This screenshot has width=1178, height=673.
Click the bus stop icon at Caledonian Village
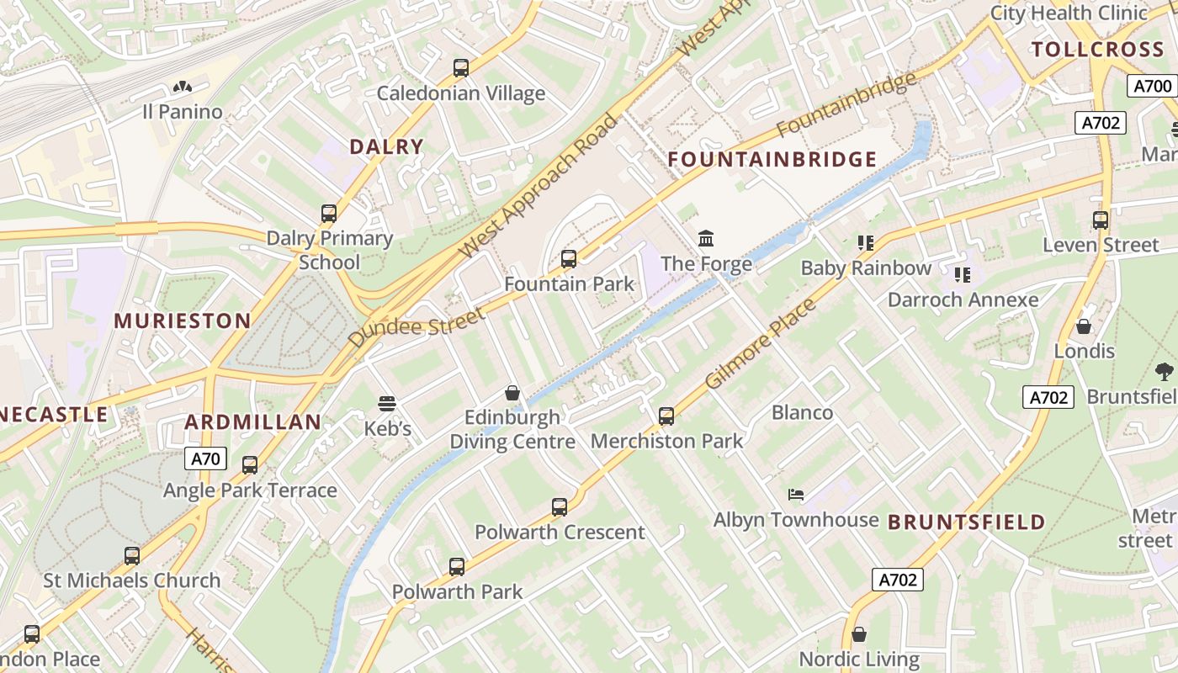click(x=460, y=68)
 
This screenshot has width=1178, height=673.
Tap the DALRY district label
click(x=386, y=146)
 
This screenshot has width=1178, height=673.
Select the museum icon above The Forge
click(x=706, y=239)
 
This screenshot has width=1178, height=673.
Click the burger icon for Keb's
click(x=387, y=403)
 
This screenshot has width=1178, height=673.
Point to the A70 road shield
click(x=205, y=458)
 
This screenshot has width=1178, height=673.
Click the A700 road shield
click(x=1152, y=86)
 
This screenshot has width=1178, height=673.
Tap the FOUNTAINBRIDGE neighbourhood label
click(x=772, y=159)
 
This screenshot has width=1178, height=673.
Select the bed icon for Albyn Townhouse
click(x=796, y=495)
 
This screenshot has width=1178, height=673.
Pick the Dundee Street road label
click(x=417, y=327)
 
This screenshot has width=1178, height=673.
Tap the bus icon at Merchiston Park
click(x=666, y=416)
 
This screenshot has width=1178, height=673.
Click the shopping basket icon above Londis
click(x=1084, y=326)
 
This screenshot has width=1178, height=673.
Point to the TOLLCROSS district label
click(x=1097, y=49)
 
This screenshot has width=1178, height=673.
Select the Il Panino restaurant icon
click(x=182, y=87)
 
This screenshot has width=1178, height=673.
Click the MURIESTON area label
click(x=183, y=321)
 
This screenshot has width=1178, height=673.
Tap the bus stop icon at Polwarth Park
click(x=457, y=567)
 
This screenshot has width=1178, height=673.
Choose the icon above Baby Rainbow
click(x=866, y=243)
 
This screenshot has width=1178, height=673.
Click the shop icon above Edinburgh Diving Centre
click(x=512, y=393)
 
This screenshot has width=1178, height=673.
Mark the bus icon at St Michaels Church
click(x=132, y=555)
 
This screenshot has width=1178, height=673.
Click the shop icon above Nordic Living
click(x=858, y=634)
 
